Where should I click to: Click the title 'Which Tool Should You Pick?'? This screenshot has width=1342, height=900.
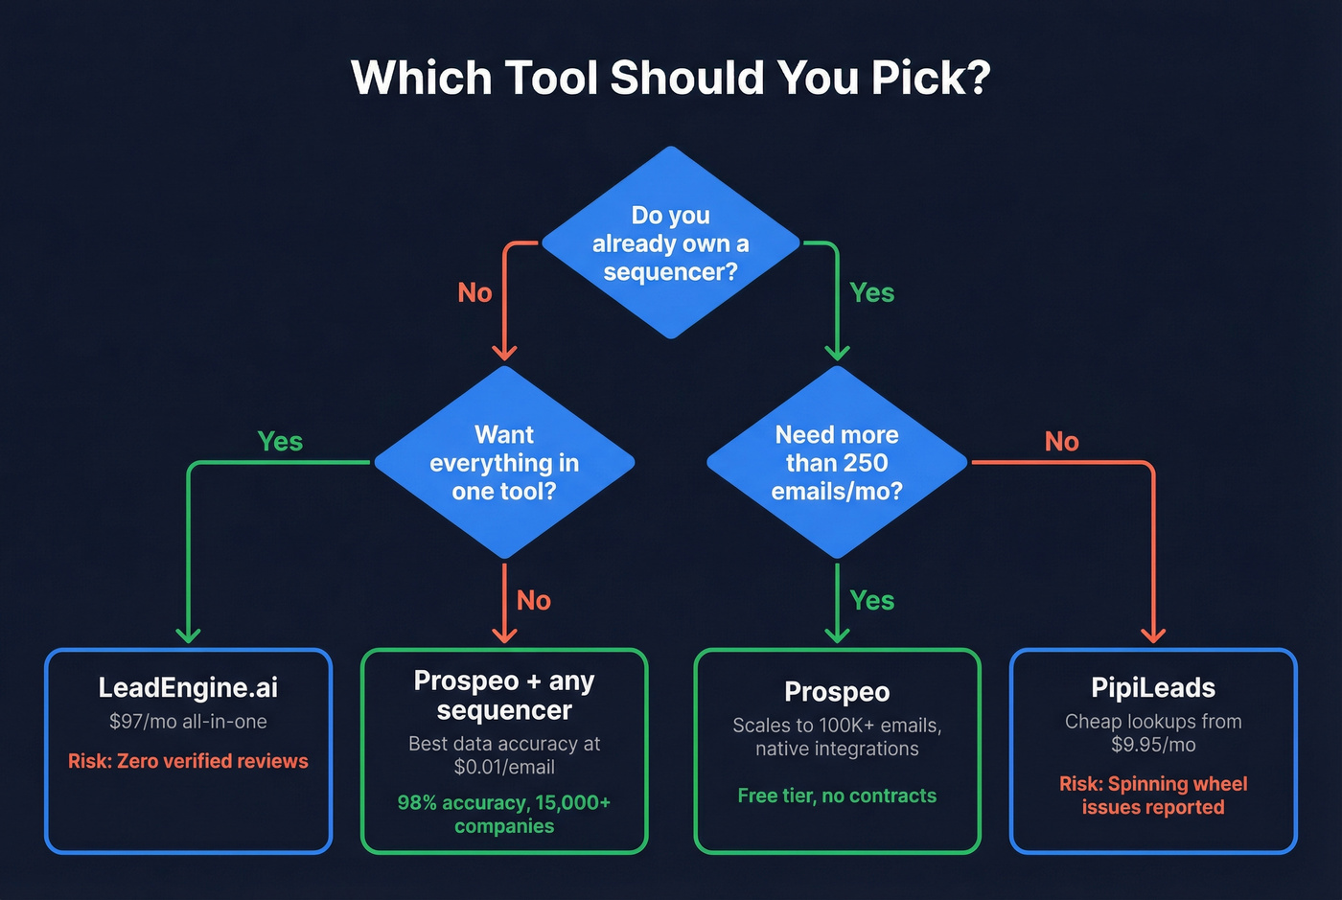pyautogui.click(x=670, y=78)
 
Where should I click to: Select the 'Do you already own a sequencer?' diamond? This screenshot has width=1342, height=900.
pyautogui.click(x=670, y=243)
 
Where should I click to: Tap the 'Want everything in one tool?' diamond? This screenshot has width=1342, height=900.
pyautogui.click(x=504, y=463)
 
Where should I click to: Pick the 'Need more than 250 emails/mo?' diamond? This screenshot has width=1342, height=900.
pyautogui.click(x=837, y=463)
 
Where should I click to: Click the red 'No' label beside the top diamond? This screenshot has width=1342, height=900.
pyautogui.click(x=474, y=292)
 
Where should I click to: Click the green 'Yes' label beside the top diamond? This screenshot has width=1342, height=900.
pyautogui.click(x=871, y=292)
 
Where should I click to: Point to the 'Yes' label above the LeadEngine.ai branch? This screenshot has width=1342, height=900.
pyautogui.click(x=280, y=441)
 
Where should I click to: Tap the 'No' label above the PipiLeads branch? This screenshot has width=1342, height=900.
pyautogui.click(x=1061, y=441)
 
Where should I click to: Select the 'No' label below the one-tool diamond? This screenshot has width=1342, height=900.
pyautogui.click(x=533, y=600)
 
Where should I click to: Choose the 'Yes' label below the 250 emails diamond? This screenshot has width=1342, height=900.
pyautogui.click(x=871, y=600)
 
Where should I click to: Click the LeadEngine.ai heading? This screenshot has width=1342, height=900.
pyautogui.click(x=188, y=687)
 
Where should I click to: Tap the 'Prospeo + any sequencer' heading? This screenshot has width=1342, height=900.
pyautogui.click(x=504, y=695)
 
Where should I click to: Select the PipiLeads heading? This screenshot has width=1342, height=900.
pyautogui.click(x=1153, y=687)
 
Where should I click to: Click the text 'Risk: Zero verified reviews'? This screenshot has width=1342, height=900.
pyautogui.click(x=188, y=761)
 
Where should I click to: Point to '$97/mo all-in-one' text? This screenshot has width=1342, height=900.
pyautogui.click(x=188, y=722)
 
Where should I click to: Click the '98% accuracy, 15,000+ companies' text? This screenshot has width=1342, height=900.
pyautogui.click(x=504, y=814)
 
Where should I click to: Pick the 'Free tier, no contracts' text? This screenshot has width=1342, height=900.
pyautogui.click(x=837, y=796)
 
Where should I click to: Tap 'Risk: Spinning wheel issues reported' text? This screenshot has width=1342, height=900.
pyautogui.click(x=1153, y=796)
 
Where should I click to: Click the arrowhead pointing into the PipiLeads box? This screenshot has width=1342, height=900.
pyautogui.click(x=1153, y=635)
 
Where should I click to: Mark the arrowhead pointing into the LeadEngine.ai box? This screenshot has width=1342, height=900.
pyautogui.click(x=188, y=635)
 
